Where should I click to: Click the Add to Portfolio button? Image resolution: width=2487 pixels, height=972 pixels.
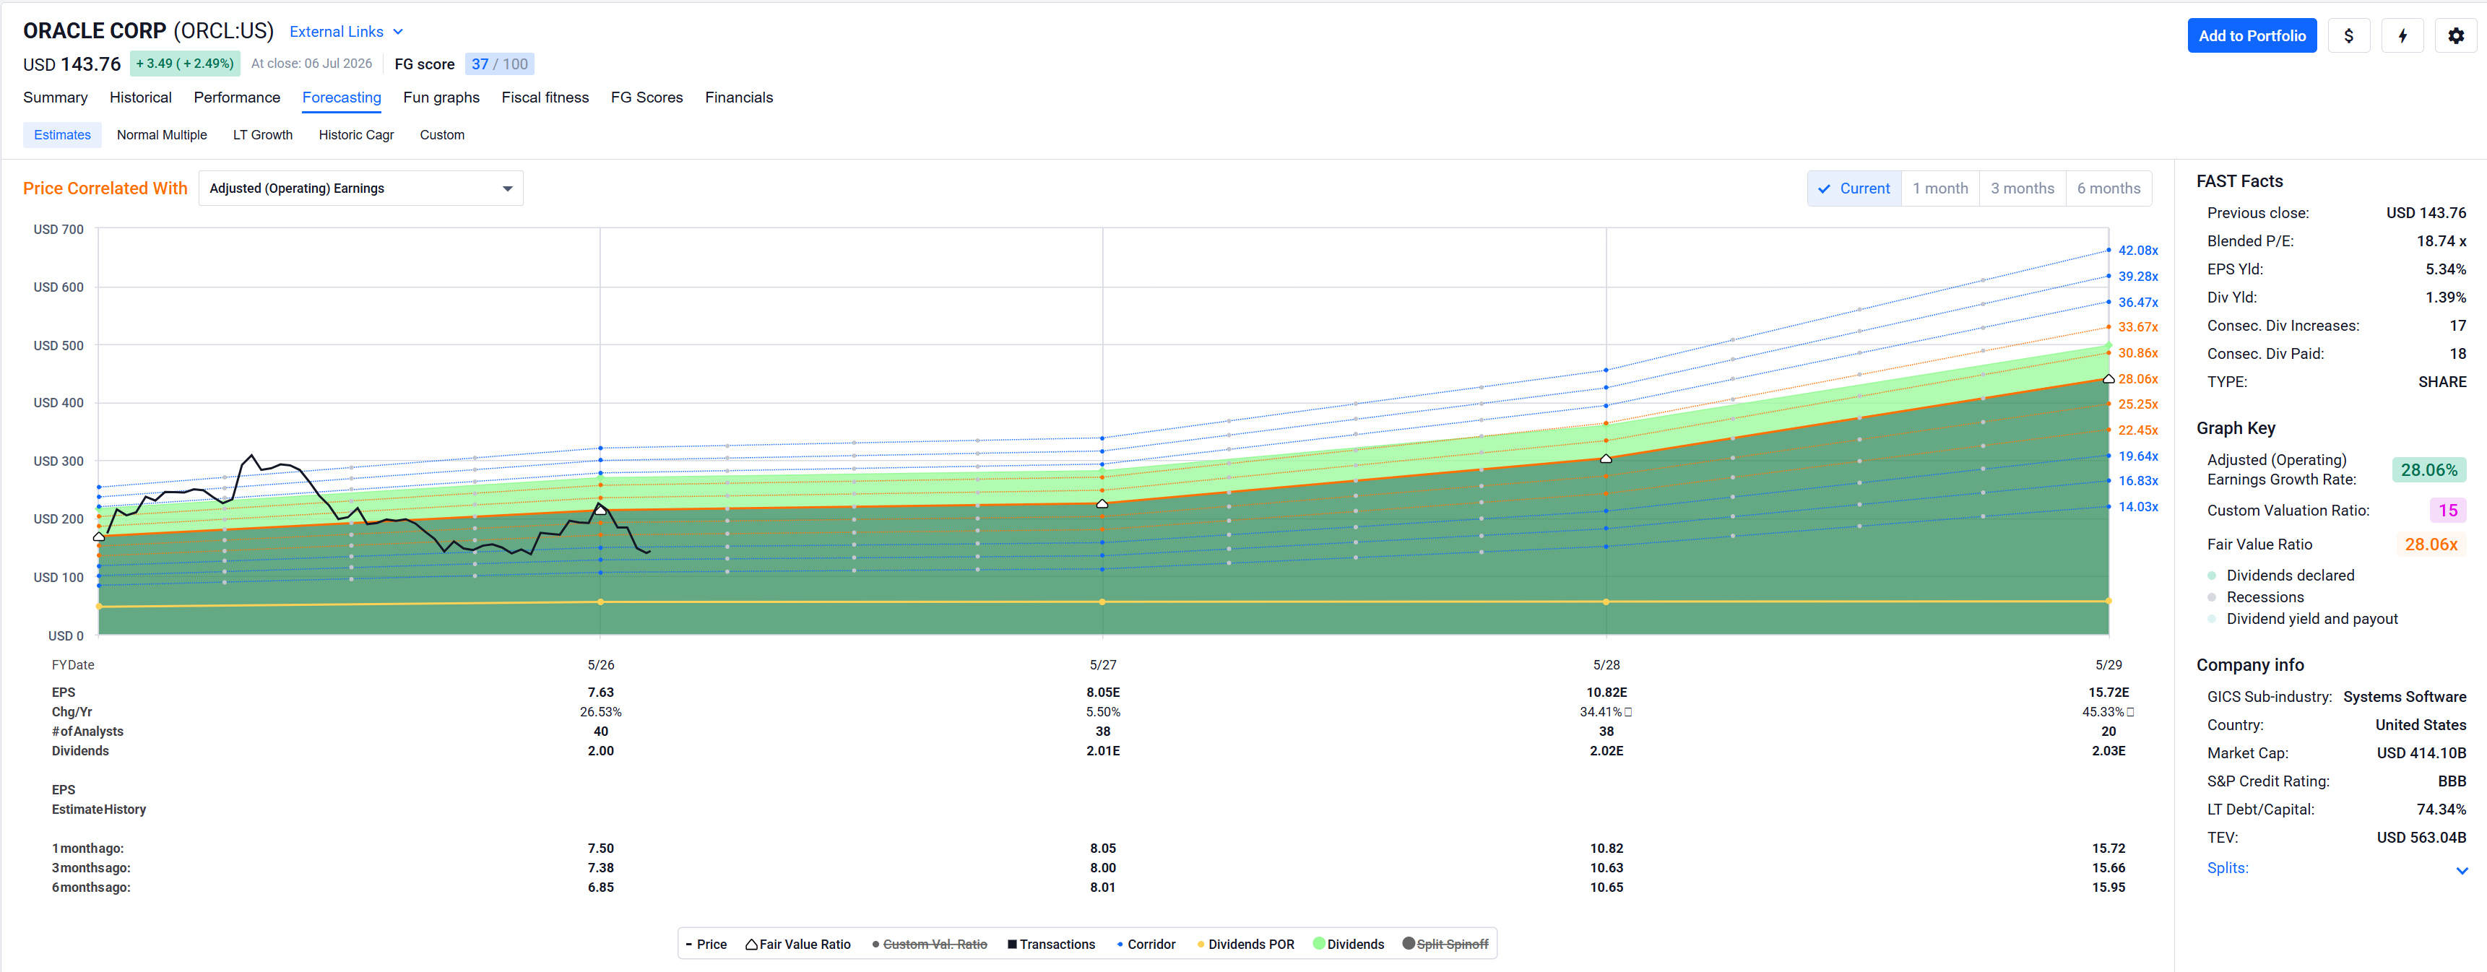(2252, 35)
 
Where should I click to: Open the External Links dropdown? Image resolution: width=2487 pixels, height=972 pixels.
(345, 32)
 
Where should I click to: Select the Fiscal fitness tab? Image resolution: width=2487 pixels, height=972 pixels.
(545, 97)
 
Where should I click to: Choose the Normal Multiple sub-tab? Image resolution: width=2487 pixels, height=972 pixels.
(161, 135)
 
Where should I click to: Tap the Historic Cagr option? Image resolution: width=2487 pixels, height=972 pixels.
(356, 135)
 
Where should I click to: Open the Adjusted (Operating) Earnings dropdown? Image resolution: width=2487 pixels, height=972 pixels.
(361, 188)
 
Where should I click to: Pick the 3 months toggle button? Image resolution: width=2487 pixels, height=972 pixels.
(2022, 188)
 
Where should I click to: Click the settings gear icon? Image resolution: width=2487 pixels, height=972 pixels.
(2455, 35)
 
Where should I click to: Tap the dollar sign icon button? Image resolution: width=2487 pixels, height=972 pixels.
(2348, 35)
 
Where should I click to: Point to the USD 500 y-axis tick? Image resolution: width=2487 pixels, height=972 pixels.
(58, 346)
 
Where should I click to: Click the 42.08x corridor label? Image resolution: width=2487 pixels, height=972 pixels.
(2137, 250)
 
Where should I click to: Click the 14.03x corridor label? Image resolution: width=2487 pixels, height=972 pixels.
(2137, 507)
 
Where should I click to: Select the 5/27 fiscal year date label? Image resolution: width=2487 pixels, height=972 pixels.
(1102, 665)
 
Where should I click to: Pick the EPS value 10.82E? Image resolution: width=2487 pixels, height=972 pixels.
(1606, 692)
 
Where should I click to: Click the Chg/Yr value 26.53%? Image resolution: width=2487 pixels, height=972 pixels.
(600, 712)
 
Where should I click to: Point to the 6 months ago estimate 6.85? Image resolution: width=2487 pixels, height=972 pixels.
(600, 887)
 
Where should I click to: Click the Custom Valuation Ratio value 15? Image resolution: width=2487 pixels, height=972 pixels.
(2447, 511)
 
